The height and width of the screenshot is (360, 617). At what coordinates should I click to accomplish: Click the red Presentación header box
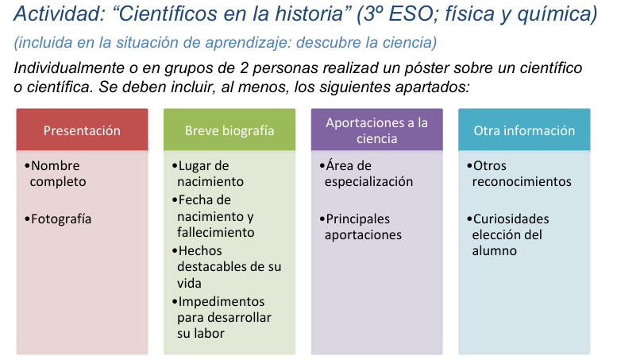click(x=82, y=130)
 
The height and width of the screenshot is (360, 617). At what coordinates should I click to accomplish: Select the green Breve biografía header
click(x=229, y=130)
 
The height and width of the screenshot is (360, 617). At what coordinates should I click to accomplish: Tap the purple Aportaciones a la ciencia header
click(x=376, y=130)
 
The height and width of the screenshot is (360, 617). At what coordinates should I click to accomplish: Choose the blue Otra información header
click(x=524, y=130)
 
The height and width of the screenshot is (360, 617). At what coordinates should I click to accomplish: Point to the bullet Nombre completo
click(x=57, y=173)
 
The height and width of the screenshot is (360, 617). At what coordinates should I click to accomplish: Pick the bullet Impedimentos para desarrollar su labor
click(x=223, y=317)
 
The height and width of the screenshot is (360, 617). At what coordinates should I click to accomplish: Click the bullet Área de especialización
click(x=368, y=173)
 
